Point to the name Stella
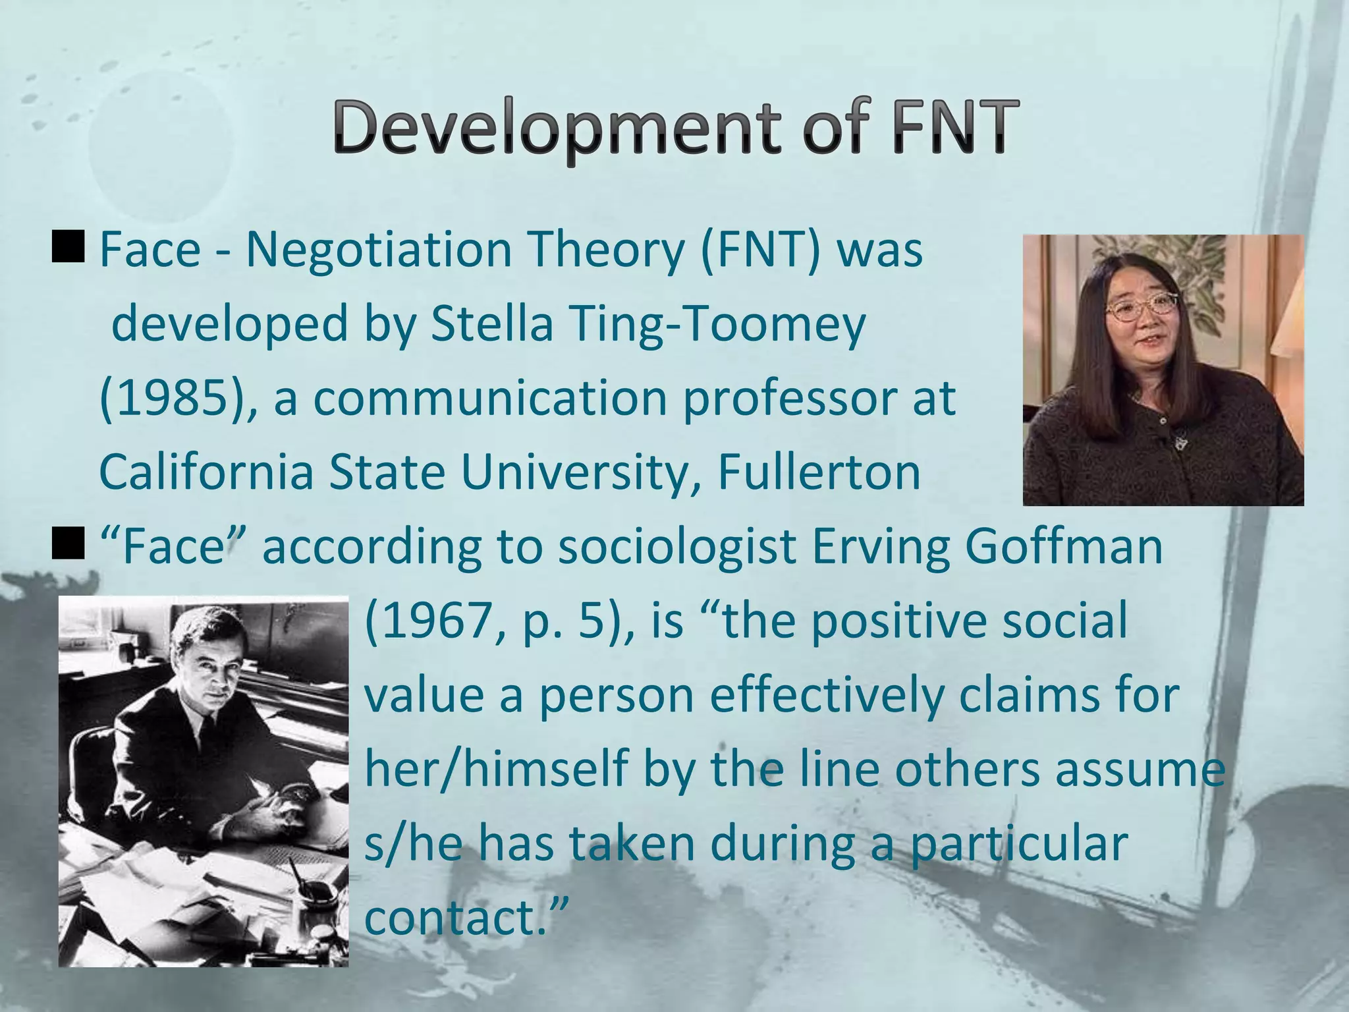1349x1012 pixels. click(491, 324)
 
